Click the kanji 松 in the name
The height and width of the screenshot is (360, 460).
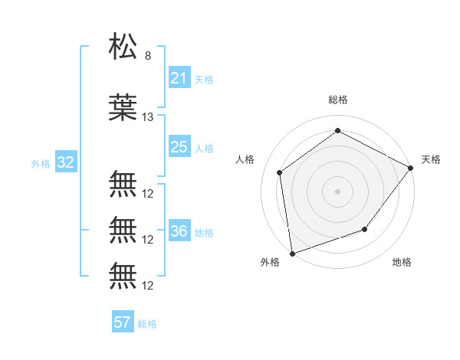click(x=124, y=48)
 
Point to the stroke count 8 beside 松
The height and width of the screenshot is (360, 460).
click(x=147, y=56)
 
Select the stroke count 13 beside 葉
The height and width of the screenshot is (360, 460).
click(x=148, y=117)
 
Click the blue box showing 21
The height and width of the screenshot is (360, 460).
click(x=179, y=78)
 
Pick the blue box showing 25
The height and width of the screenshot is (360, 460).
click(x=179, y=147)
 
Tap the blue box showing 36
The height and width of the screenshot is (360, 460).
click(x=179, y=231)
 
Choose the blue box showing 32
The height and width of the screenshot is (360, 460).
click(x=65, y=162)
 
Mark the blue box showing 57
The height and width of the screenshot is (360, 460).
click(x=123, y=322)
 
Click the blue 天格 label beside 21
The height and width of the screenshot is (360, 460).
click(x=204, y=79)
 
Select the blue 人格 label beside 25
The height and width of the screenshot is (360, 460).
click(x=204, y=148)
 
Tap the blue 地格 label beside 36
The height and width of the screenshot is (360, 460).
click(x=204, y=232)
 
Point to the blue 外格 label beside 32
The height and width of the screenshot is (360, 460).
click(x=41, y=163)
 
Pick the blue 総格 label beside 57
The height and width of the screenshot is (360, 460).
click(x=147, y=323)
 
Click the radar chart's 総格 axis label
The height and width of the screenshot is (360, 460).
click(x=338, y=100)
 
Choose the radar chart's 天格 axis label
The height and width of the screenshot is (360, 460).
click(x=431, y=159)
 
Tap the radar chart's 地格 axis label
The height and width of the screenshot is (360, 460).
click(x=402, y=262)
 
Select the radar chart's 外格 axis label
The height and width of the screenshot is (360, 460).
click(x=270, y=262)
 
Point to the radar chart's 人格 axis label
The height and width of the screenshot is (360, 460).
click(x=245, y=159)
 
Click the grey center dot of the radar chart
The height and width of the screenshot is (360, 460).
click(x=337, y=191)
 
